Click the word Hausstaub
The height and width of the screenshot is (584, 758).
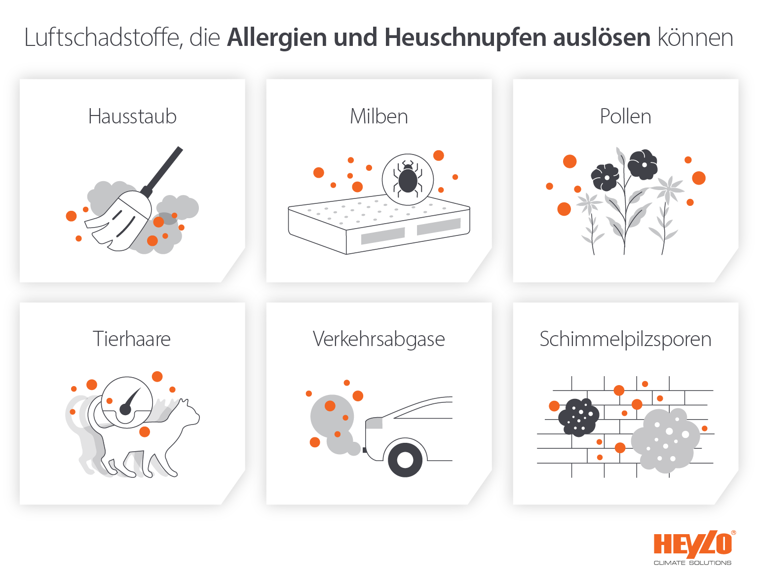132,117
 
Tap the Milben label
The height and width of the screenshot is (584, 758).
379,117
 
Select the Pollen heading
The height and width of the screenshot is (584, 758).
625,117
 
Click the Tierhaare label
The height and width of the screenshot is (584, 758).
132,339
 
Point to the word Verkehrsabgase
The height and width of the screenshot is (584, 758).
379,339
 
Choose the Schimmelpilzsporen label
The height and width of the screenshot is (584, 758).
625,339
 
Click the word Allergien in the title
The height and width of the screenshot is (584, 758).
277,38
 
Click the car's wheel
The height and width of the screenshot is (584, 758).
405,460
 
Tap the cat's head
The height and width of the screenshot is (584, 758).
187,412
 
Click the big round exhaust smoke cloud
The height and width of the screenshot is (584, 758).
332,416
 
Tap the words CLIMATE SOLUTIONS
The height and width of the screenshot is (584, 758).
692,563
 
